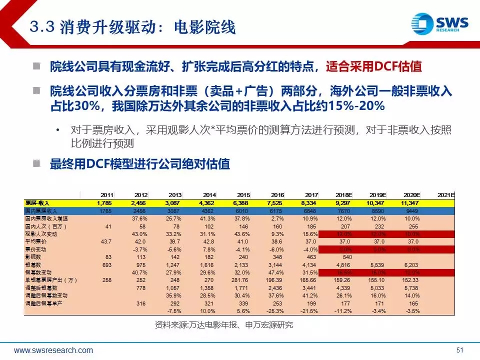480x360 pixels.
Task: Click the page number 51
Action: (460, 350)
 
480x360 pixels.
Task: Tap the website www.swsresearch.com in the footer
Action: (53, 350)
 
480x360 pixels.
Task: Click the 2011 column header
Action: (106, 194)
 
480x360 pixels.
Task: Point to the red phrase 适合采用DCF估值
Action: (374, 66)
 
